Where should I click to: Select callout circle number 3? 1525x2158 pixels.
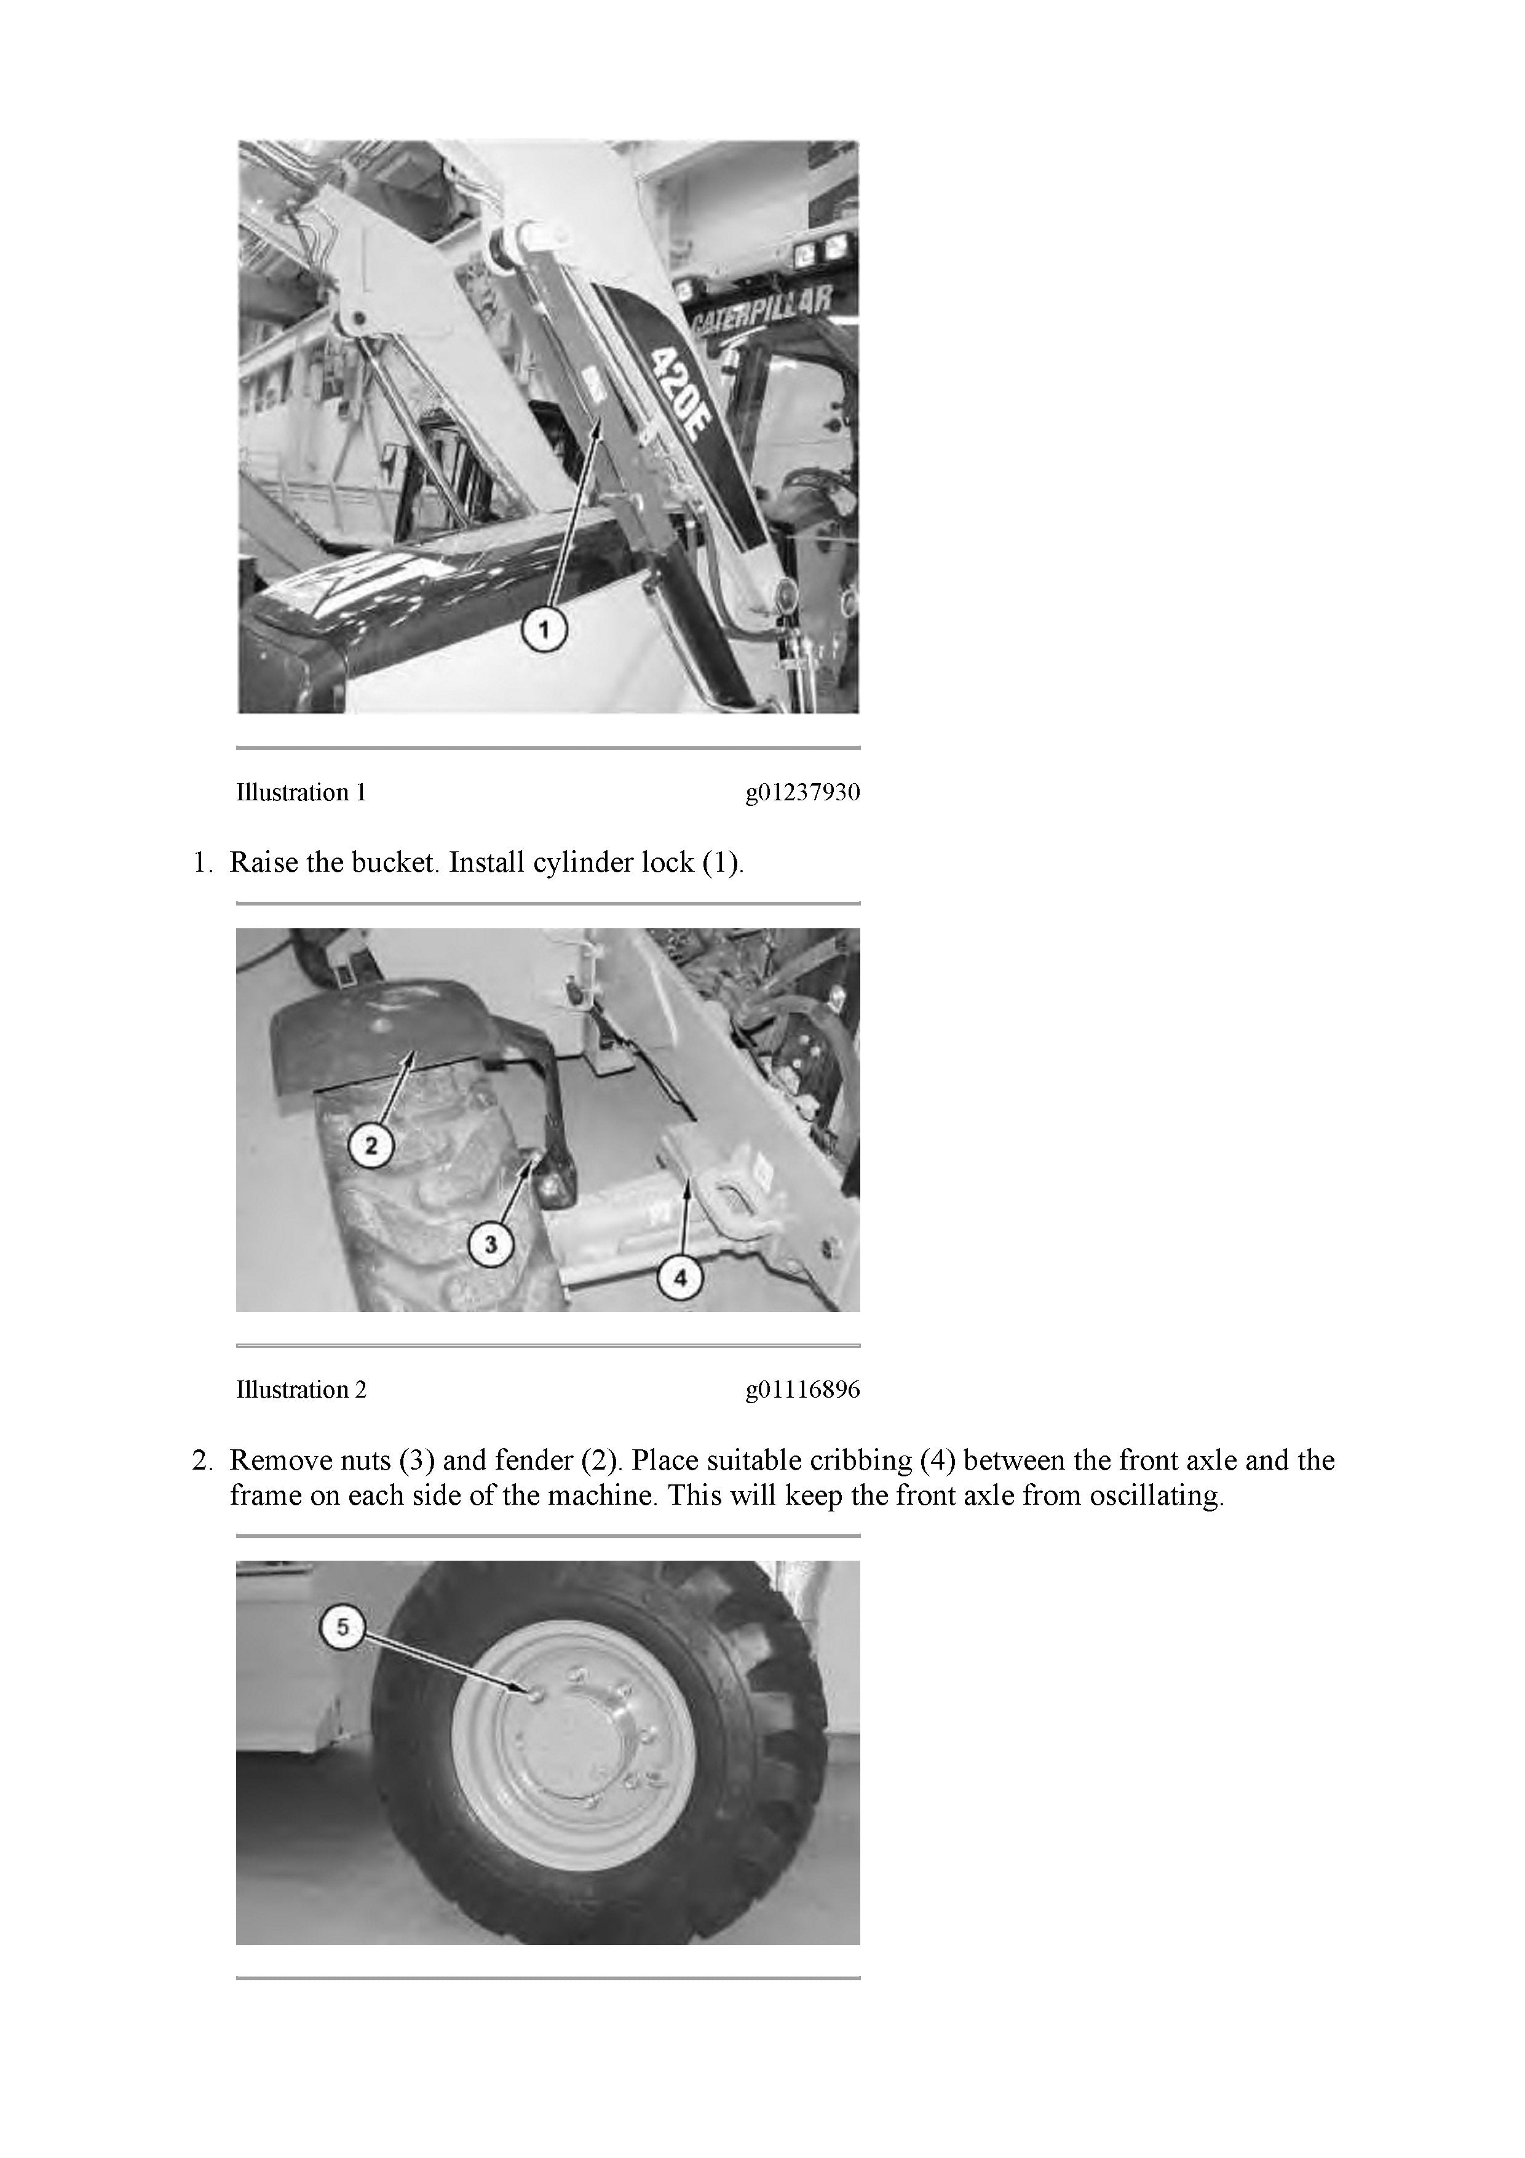[491, 1244]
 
